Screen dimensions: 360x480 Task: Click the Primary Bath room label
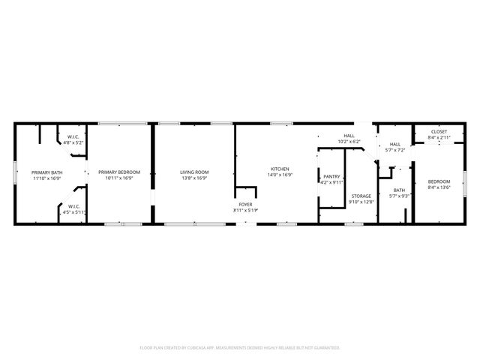(46, 172)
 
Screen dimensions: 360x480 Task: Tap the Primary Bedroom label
(119, 172)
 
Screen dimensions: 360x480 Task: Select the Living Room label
(194, 172)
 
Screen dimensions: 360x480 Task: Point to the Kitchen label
(280, 169)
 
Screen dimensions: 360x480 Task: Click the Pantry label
(331, 176)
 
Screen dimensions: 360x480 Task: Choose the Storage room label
(361, 196)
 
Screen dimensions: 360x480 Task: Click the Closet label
(439, 132)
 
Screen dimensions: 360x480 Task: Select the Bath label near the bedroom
(399, 190)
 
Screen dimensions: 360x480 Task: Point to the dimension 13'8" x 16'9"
(194, 178)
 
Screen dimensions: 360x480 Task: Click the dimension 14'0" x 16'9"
(280, 175)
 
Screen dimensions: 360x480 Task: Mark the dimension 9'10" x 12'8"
(361, 202)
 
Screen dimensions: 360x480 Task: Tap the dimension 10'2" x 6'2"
(349, 141)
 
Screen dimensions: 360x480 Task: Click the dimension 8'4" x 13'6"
(439, 188)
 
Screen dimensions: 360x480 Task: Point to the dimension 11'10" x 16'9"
(46, 178)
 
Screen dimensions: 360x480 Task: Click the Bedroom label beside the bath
(439, 181)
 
